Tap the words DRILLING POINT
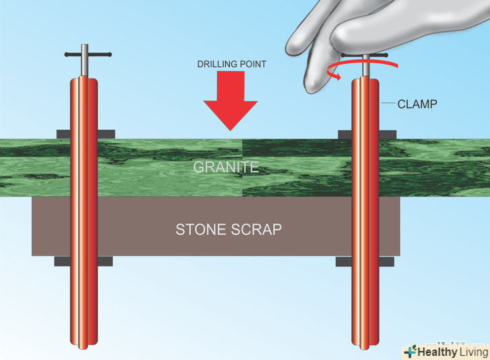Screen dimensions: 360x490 231,64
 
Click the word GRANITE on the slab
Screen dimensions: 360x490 226,168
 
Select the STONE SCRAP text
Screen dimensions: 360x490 228,229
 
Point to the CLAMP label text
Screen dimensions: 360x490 417,104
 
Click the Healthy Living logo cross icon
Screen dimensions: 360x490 409,352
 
